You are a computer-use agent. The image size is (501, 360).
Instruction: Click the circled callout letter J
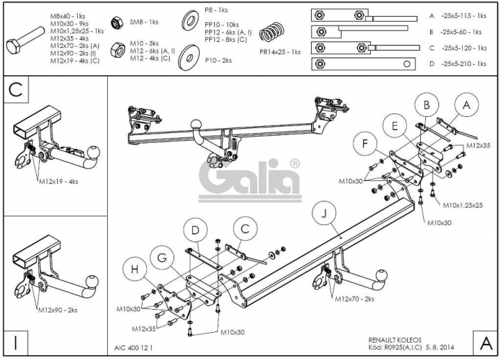point(324,213)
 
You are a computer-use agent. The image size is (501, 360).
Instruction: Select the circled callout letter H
point(134,269)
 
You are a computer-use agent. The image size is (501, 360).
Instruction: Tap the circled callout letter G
point(162,258)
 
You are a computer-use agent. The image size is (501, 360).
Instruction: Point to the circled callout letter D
point(196,230)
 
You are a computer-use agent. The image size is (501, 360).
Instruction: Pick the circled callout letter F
point(365,143)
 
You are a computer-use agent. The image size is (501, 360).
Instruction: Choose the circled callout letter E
point(395,126)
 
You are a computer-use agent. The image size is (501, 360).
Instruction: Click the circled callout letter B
point(427,105)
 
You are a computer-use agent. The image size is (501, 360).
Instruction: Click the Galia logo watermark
point(250,180)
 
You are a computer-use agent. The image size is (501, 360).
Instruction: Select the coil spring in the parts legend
point(271,32)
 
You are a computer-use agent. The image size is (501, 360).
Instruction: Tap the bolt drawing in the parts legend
point(25,40)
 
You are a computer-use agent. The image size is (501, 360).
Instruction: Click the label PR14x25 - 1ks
point(280,52)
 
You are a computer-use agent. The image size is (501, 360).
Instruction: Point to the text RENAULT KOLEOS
point(395,340)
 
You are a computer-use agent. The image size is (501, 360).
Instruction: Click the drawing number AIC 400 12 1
point(133,347)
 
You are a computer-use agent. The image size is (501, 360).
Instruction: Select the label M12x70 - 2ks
point(354,299)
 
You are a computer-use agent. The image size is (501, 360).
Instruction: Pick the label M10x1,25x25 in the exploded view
point(463,205)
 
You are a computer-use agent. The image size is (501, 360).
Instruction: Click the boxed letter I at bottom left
point(15,343)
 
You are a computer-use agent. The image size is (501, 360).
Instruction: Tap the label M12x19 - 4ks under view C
point(58,182)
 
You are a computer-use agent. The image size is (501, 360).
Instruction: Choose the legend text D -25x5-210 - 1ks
point(458,63)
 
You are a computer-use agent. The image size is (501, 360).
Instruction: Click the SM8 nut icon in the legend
point(117,23)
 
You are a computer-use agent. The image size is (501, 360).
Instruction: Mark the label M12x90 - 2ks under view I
point(58,310)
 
